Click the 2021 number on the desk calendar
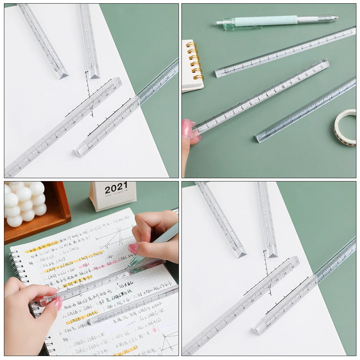click(116, 188)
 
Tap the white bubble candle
click(24, 203)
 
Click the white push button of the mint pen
click(219, 23)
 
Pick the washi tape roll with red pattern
click(345, 128)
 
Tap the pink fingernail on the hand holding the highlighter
click(133, 248)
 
